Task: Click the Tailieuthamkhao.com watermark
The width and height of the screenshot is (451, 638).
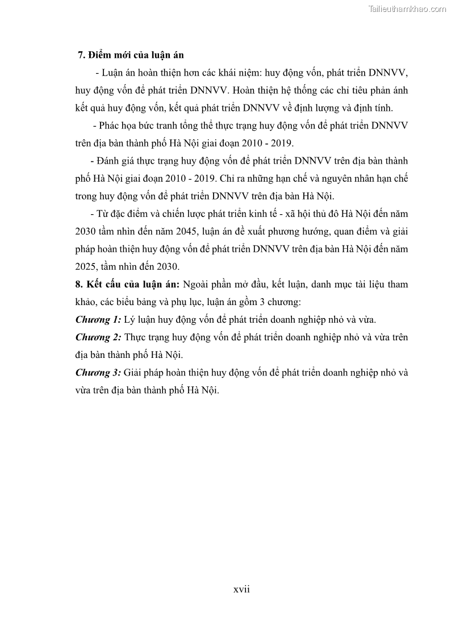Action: (x=407, y=9)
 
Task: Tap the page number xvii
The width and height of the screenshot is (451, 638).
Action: (x=241, y=589)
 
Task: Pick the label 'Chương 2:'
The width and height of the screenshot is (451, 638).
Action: (x=98, y=337)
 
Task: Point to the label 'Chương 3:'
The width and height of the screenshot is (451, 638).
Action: (x=98, y=373)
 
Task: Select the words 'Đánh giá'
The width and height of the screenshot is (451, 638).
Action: (x=116, y=161)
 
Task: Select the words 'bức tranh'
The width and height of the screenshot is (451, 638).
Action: (x=157, y=125)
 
